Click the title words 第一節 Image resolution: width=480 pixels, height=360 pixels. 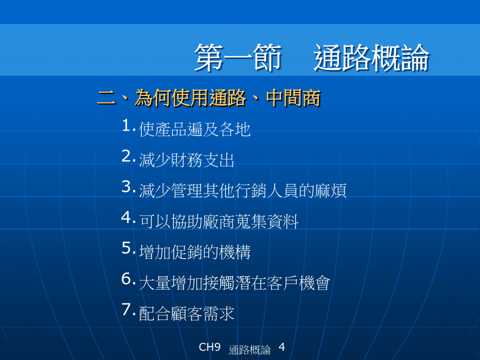238,57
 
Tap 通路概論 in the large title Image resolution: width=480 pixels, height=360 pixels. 371,57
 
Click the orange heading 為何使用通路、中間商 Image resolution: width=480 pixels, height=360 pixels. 228,98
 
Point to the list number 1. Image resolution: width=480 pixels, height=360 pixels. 128,125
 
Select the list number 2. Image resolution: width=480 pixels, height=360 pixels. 128,156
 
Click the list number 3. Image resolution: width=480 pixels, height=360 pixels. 128,187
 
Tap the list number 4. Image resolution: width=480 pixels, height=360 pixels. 128,218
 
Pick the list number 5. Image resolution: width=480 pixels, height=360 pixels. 128,248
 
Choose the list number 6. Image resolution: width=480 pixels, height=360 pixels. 128,279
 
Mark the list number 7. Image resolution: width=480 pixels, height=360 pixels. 128,309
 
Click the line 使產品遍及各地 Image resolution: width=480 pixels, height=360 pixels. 195,129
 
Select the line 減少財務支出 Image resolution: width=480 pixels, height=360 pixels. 187,160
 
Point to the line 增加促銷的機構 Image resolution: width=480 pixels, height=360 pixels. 195,252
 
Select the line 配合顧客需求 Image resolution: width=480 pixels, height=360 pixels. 187,314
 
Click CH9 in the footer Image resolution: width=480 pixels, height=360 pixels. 210,347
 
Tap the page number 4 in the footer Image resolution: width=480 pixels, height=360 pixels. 282,347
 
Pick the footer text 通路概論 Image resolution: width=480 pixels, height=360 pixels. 250,349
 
